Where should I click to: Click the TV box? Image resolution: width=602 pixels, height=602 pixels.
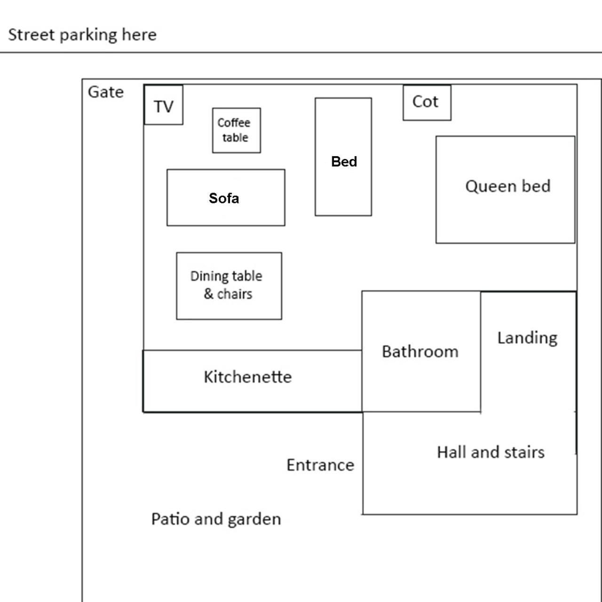(x=163, y=105)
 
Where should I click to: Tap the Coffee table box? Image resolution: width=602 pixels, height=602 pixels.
(x=236, y=130)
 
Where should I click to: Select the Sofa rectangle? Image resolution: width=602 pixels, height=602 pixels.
(x=225, y=198)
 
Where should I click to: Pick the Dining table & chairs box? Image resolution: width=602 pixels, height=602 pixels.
(x=229, y=285)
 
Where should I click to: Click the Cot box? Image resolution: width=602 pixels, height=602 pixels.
(x=427, y=103)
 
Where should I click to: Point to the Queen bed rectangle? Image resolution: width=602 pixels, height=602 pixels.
(x=505, y=190)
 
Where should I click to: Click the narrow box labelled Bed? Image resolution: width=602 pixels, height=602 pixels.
(x=343, y=157)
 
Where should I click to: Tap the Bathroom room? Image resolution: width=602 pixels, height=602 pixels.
(x=421, y=351)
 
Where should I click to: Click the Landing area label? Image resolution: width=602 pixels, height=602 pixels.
(x=527, y=338)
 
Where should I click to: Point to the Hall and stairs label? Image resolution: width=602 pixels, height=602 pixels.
(x=491, y=452)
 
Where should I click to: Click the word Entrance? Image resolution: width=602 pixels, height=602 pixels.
(x=320, y=465)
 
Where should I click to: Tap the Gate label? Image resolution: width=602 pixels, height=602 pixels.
(x=106, y=92)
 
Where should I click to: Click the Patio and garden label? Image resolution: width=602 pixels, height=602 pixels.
(x=216, y=519)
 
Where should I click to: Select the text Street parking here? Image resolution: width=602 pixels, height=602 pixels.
(x=82, y=35)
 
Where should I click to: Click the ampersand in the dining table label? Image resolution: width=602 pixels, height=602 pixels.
(x=209, y=294)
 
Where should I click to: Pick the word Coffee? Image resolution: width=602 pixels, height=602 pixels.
(x=234, y=123)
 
